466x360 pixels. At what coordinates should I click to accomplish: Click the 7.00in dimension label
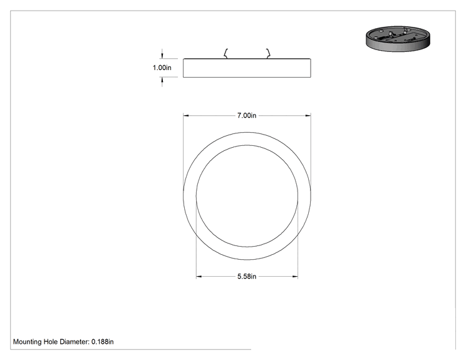coord(247,116)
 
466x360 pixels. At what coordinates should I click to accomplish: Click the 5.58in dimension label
coord(247,277)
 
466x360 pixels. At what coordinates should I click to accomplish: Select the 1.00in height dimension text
coord(162,68)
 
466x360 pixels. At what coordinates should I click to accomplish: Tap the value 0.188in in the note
coord(103,342)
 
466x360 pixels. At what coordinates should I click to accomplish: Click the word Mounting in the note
coord(28,342)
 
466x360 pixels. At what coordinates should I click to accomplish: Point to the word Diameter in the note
coord(75,342)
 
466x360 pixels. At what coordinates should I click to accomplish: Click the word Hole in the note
coord(51,342)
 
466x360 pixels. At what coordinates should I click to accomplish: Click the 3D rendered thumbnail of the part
coord(398,38)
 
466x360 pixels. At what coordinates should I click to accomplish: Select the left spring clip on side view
coord(226,53)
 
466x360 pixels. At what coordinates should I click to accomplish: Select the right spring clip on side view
coord(268,53)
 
